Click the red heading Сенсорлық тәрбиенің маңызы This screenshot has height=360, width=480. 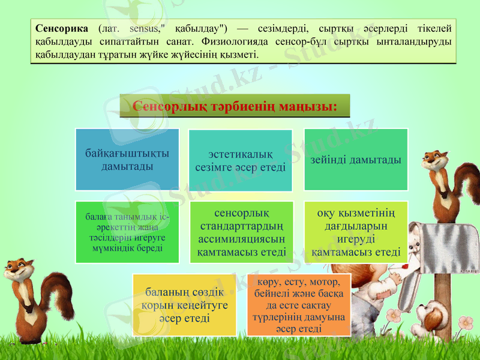tap(235, 106)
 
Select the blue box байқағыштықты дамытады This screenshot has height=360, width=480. tap(127, 160)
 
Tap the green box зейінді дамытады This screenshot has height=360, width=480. tap(356, 160)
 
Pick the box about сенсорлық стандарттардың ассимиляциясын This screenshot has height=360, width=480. tap(241, 232)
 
